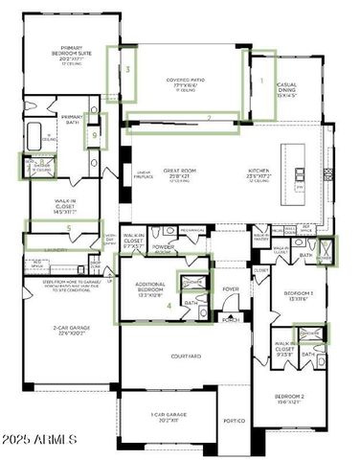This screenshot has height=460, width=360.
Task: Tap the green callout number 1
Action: point(260,81)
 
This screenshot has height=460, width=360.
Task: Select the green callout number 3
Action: point(126,70)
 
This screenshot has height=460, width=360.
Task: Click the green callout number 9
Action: point(94,134)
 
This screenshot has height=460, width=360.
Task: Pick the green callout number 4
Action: point(170,306)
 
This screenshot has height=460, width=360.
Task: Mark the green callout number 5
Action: point(68,228)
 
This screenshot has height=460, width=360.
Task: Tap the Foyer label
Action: point(231,288)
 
